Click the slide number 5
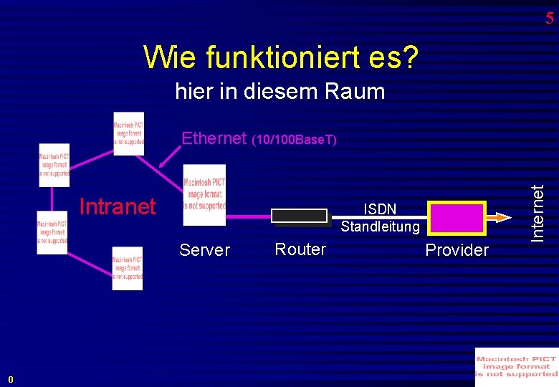pyautogui.click(x=549, y=19)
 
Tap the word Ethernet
pyautogui.click(x=214, y=138)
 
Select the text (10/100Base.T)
pyautogui.click(x=295, y=139)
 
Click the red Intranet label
pyautogui.click(x=118, y=207)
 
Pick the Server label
pyautogui.click(x=205, y=250)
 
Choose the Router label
pyautogui.click(x=300, y=249)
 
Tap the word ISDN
pyautogui.click(x=380, y=209)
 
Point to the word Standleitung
pyautogui.click(x=380, y=227)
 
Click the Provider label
pyautogui.click(x=457, y=250)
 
